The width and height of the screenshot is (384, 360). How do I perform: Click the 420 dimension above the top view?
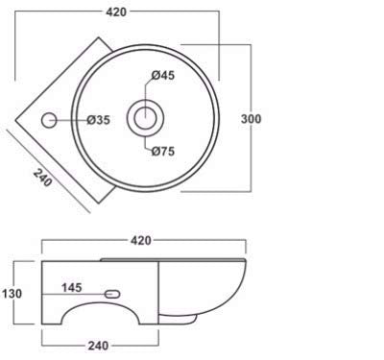pyautogui.click(x=116, y=12)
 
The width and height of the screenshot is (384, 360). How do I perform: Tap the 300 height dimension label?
pyautogui.click(x=251, y=119)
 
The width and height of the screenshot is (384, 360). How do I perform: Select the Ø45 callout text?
pyautogui.click(x=163, y=75)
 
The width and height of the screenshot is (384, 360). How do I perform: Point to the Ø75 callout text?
pyautogui.click(x=163, y=151)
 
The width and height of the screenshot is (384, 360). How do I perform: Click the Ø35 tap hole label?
pyautogui.click(x=99, y=120)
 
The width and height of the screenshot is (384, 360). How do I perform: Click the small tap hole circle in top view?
pyautogui.click(x=49, y=120)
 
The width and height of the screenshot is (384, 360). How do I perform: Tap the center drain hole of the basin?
pyautogui.click(x=145, y=118)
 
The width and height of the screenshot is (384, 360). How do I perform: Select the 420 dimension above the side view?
pyautogui.click(x=141, y=241)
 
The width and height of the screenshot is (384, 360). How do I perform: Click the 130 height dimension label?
pyautogui.click(x=12, y=294)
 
